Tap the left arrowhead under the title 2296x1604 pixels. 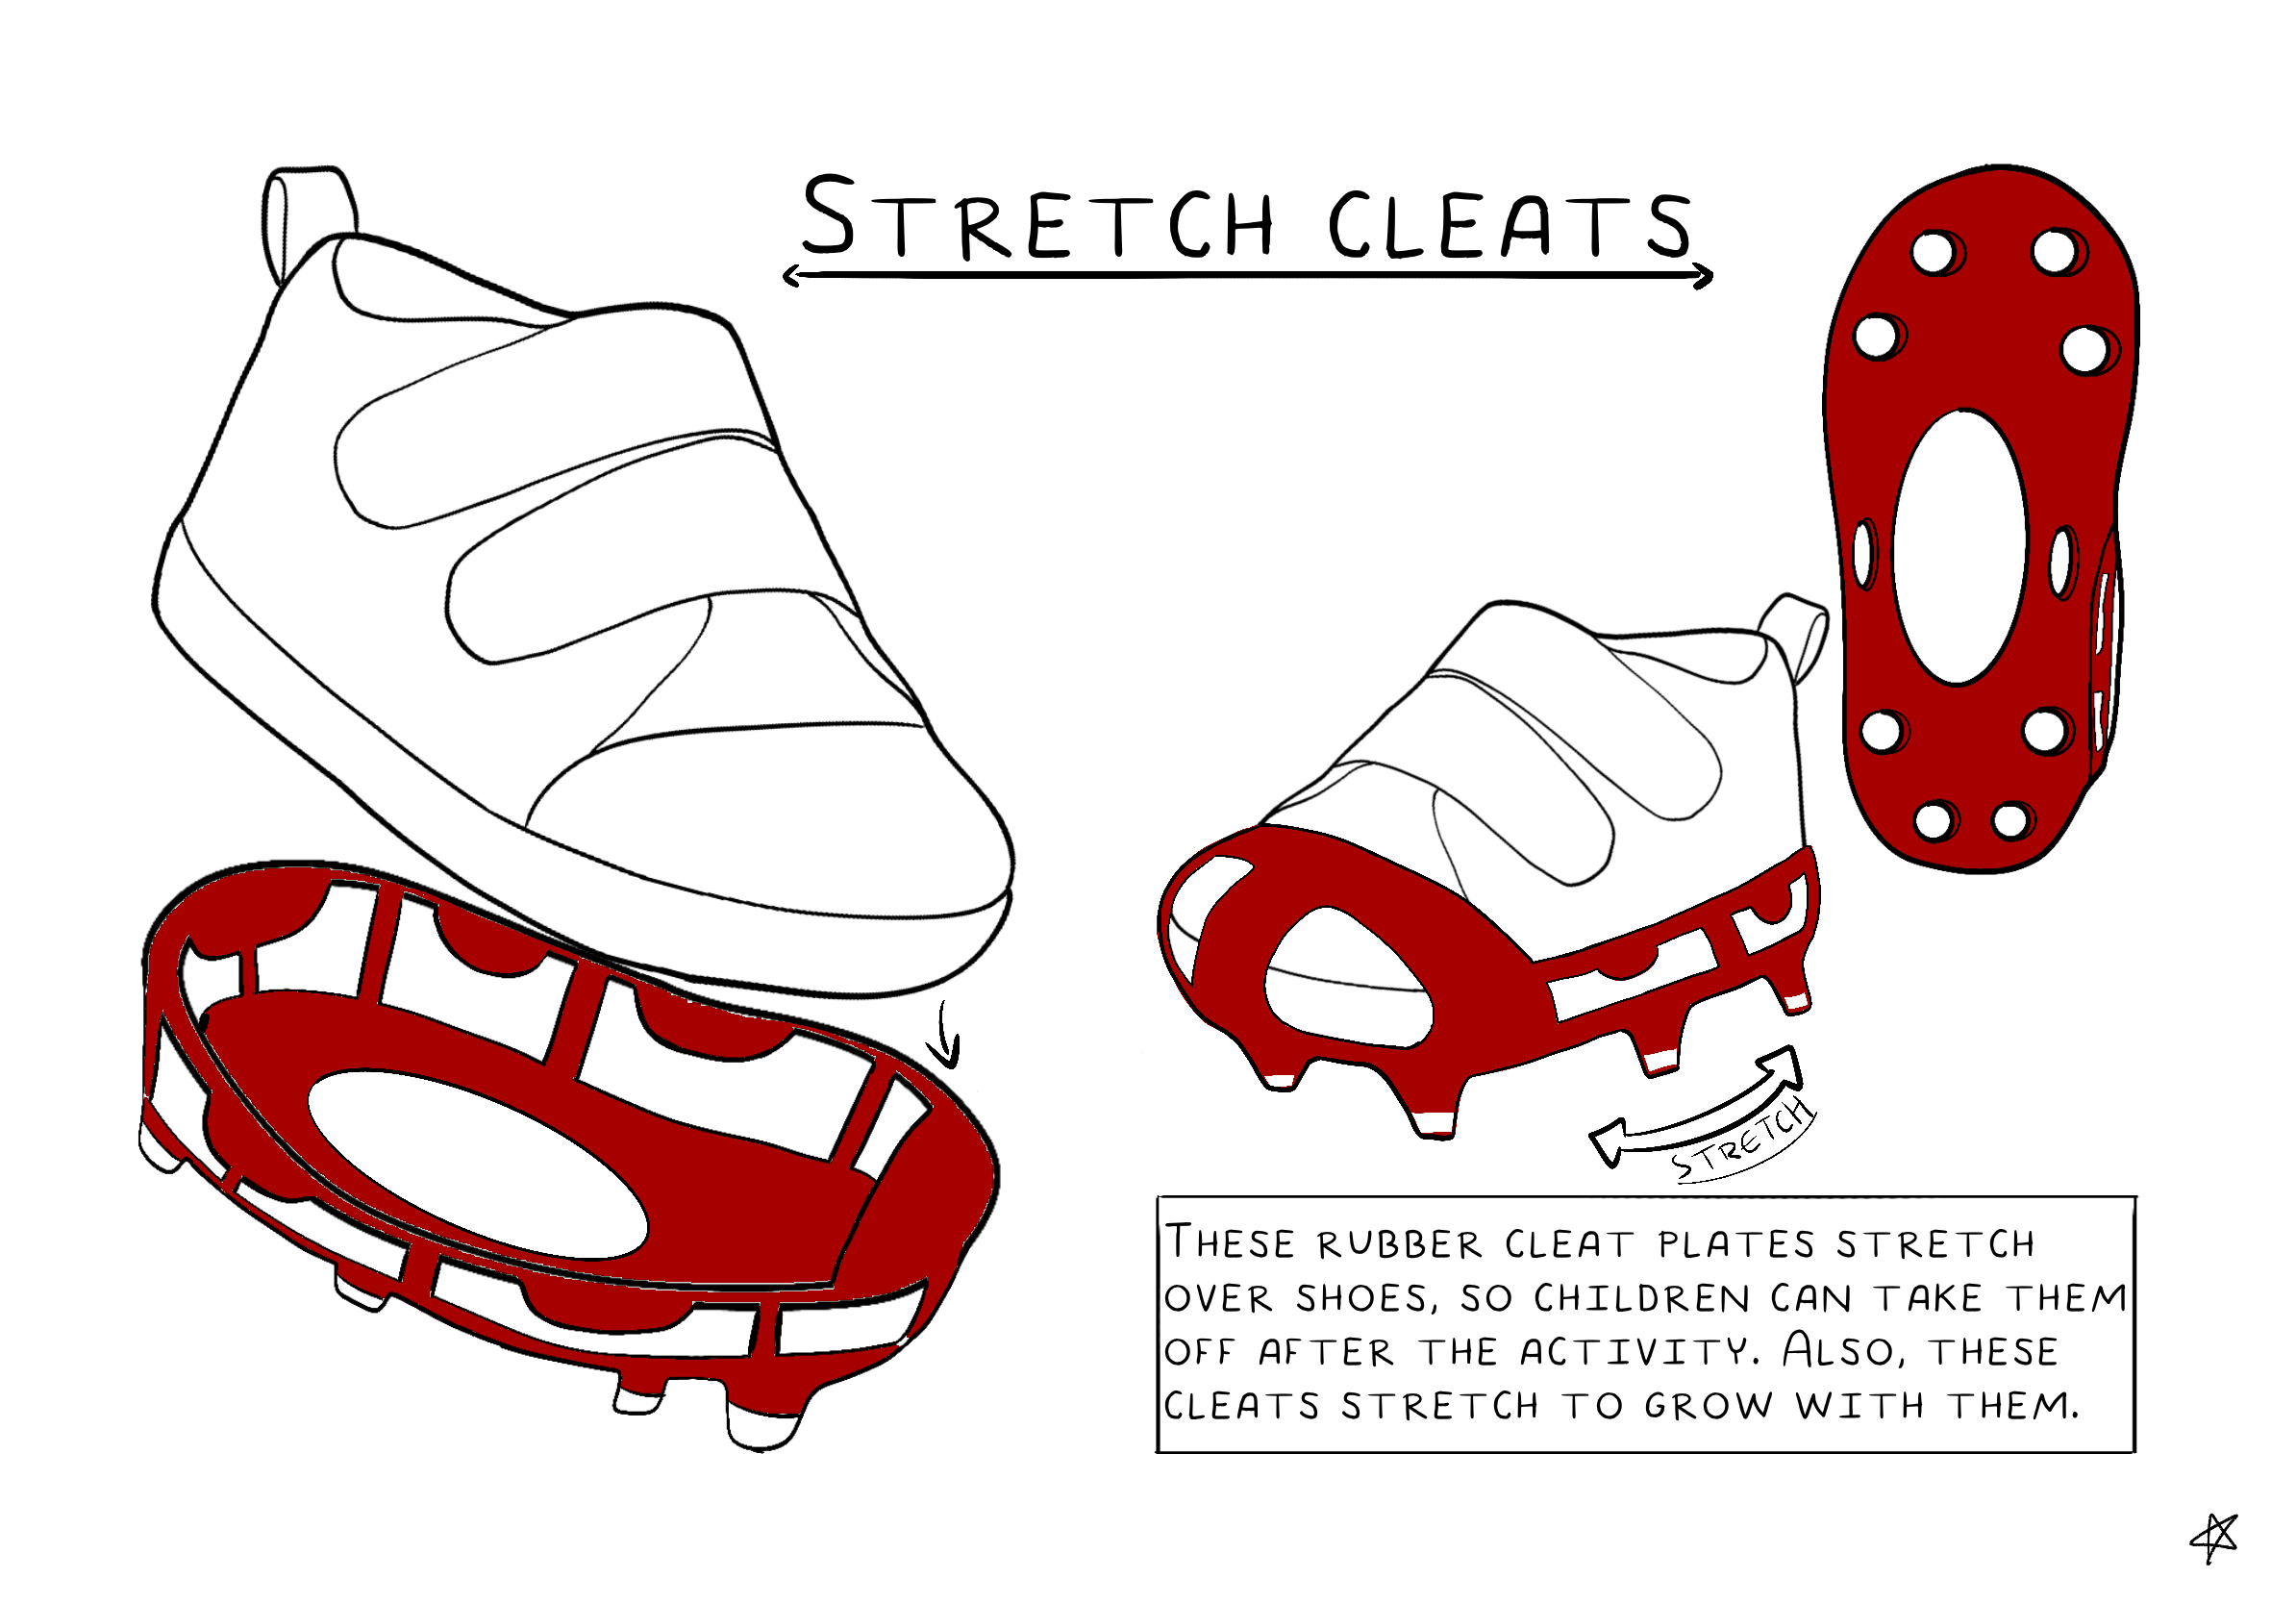tap(793, 276)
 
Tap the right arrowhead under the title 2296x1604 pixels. tap(1703, 276)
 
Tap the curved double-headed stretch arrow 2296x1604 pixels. tap(1700, 1110)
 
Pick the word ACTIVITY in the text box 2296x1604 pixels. tap(1639, 1352)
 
